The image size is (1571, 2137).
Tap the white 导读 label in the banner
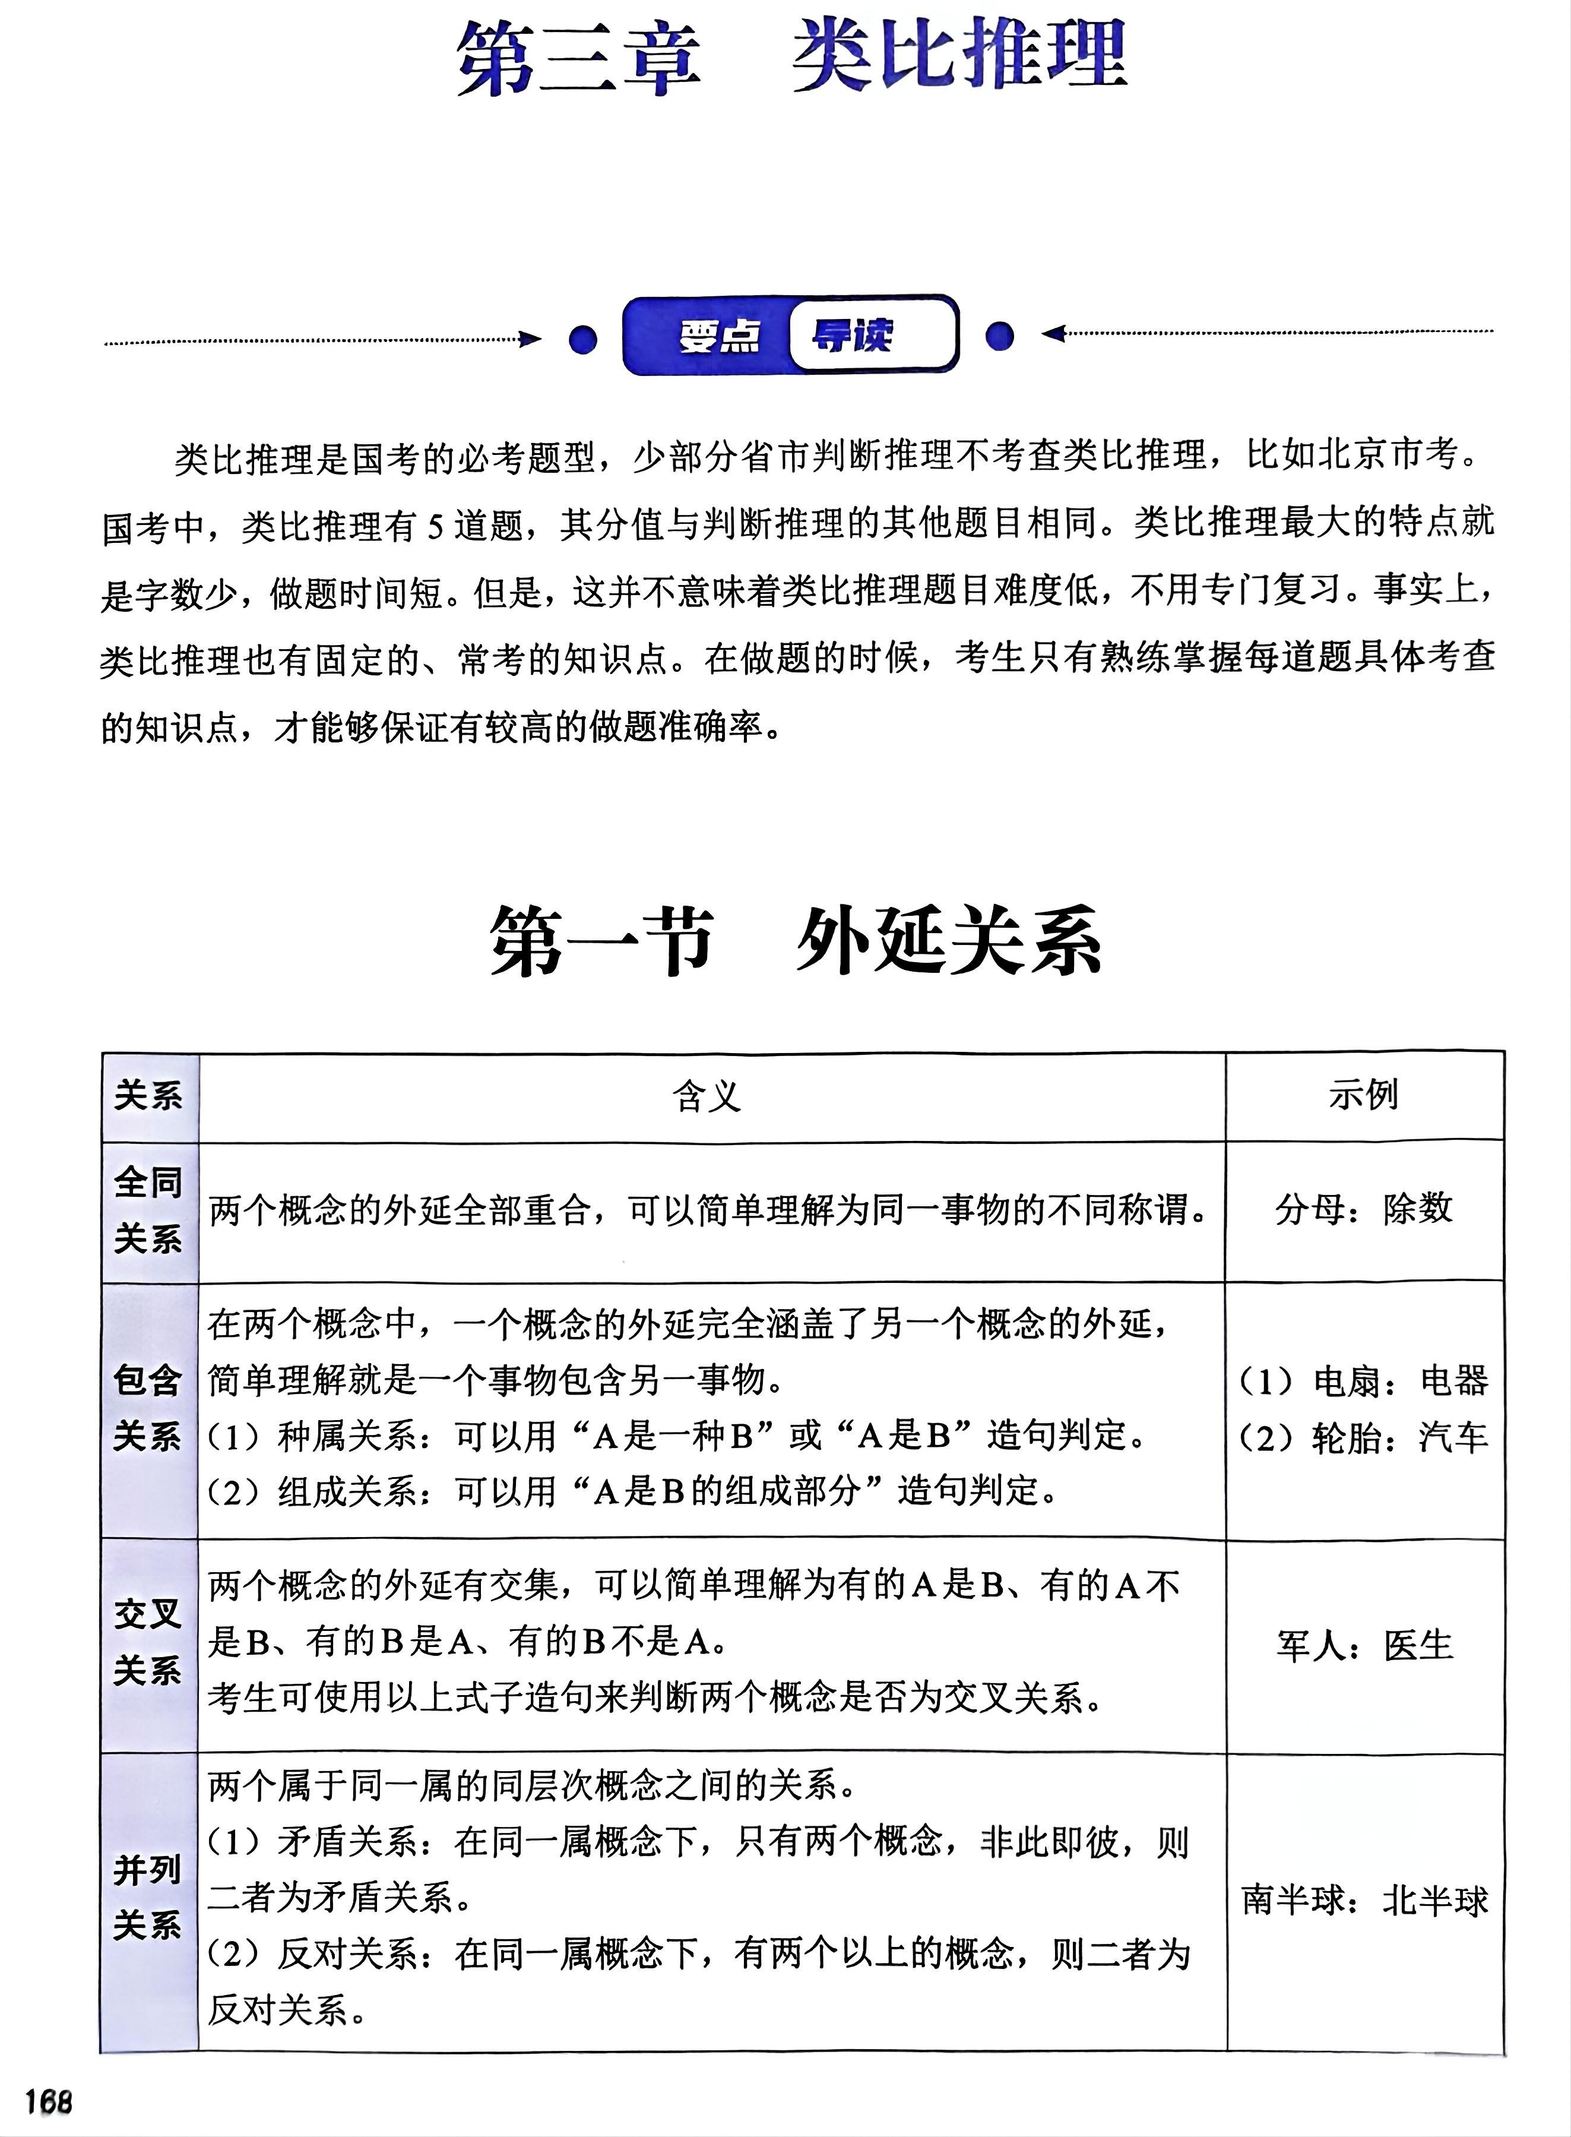(x=852, y=335)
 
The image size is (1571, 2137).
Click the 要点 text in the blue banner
(x=720, y=336)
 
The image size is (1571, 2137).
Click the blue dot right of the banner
(x=999, y=336)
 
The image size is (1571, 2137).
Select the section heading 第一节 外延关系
(x=795, y=941)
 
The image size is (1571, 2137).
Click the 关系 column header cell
(x=148, y=1096)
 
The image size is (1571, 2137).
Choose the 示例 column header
(x=1364, y=1095)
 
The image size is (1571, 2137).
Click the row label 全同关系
(x=148, y=1210)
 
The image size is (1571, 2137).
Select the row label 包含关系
(x=148, y=1408)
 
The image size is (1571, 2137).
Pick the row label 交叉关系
(x=148, y=1642)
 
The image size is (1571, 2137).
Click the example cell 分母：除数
(x=1364, y=1209)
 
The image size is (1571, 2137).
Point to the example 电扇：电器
(x=1364, y=1381)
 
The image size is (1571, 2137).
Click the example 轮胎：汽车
(x=1364, y=1437)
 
